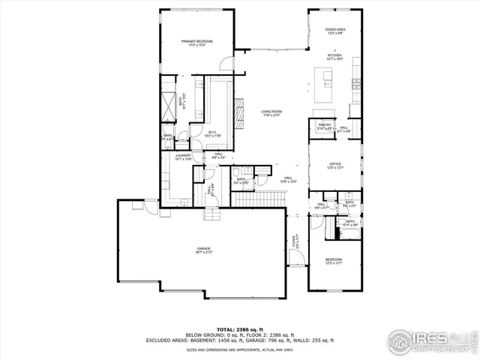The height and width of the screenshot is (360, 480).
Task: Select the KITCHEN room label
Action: coord(334,56)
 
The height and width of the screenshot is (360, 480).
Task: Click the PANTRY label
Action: coord(325,126)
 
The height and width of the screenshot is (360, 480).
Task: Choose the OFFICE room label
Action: coord(334,165)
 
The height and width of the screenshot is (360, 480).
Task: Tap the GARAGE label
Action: coord(203,249)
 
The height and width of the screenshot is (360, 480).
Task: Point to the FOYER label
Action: coord(295,241)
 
